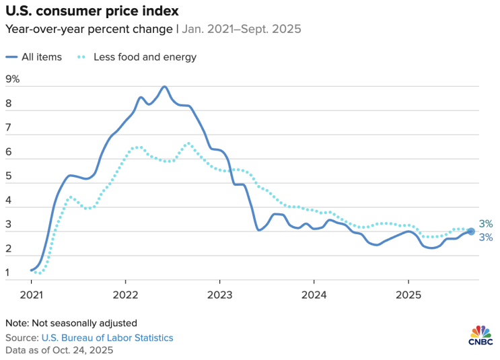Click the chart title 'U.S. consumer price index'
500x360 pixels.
tap(92, 11)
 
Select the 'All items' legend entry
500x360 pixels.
tap(34, 57)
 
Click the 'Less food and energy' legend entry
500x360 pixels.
tap(137, 57)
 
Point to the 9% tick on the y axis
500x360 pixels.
tap(13, 79)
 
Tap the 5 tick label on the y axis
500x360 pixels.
tap(9, 176)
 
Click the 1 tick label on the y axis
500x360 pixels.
tap(7, 273)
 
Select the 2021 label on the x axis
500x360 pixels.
tap(31, 295)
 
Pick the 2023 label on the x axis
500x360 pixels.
tap(219, 295)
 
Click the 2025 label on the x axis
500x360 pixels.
tap(408, 295)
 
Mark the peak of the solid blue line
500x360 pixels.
tap(165, 86)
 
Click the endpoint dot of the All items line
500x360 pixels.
tap(471, 231)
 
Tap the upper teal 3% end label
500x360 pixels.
tap(486, 224)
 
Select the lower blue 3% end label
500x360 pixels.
tap(486, 238)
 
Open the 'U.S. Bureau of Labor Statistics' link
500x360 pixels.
tap(108, 338)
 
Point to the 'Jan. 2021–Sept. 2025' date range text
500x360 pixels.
tap(242, 29)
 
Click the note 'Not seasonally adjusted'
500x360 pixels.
tap(85, 323)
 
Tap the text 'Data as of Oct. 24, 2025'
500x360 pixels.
tap(59, 350)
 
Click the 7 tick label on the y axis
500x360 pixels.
tap(9, 127)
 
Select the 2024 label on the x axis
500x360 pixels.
tap(314, 295)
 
